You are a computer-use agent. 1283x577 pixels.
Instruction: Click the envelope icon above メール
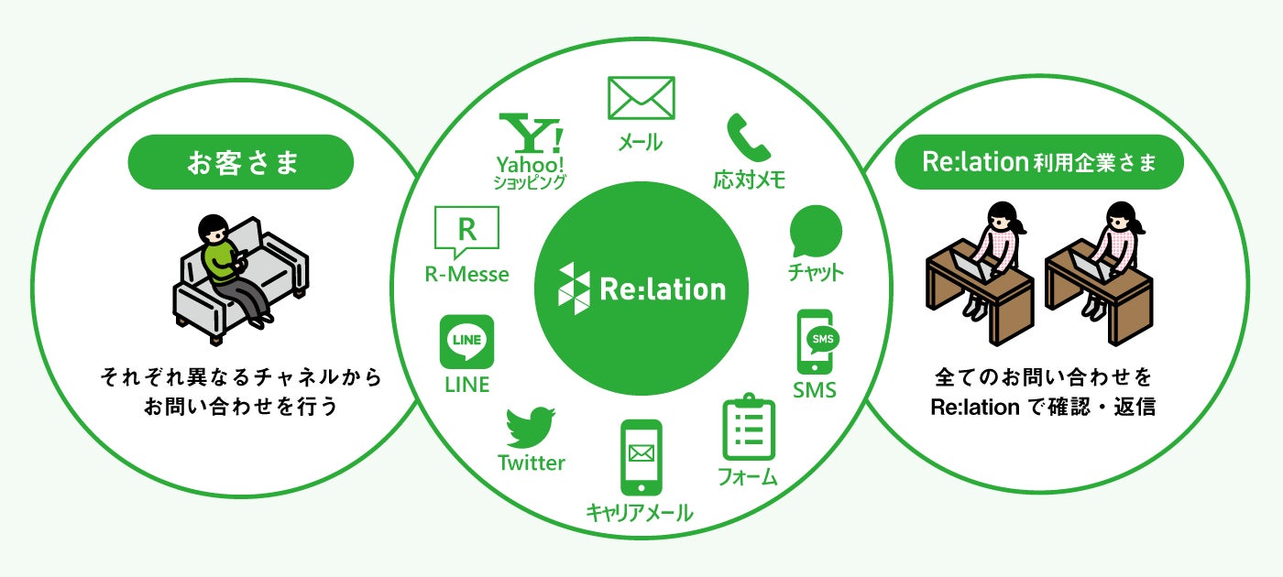click(641, 97)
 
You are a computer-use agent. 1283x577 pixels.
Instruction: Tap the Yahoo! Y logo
click(531, 133)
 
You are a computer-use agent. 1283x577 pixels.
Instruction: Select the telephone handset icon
click(749, 137)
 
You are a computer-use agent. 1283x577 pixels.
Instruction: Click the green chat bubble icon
click(815, 231)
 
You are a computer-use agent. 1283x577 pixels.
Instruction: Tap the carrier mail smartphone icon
click(641, 457)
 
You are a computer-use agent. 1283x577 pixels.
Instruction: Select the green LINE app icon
click(467, 343)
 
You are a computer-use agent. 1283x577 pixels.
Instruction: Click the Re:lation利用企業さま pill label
click(1039, 163)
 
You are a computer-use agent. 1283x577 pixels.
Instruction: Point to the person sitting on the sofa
click(225, 266)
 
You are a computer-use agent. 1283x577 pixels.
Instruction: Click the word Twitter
click(532, 463)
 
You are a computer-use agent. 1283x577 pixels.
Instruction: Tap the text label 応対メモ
click(750, 178)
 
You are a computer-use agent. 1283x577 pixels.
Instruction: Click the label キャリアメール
click(640, 511)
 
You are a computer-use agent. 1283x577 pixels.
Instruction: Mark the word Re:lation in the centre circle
click(663, 289)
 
